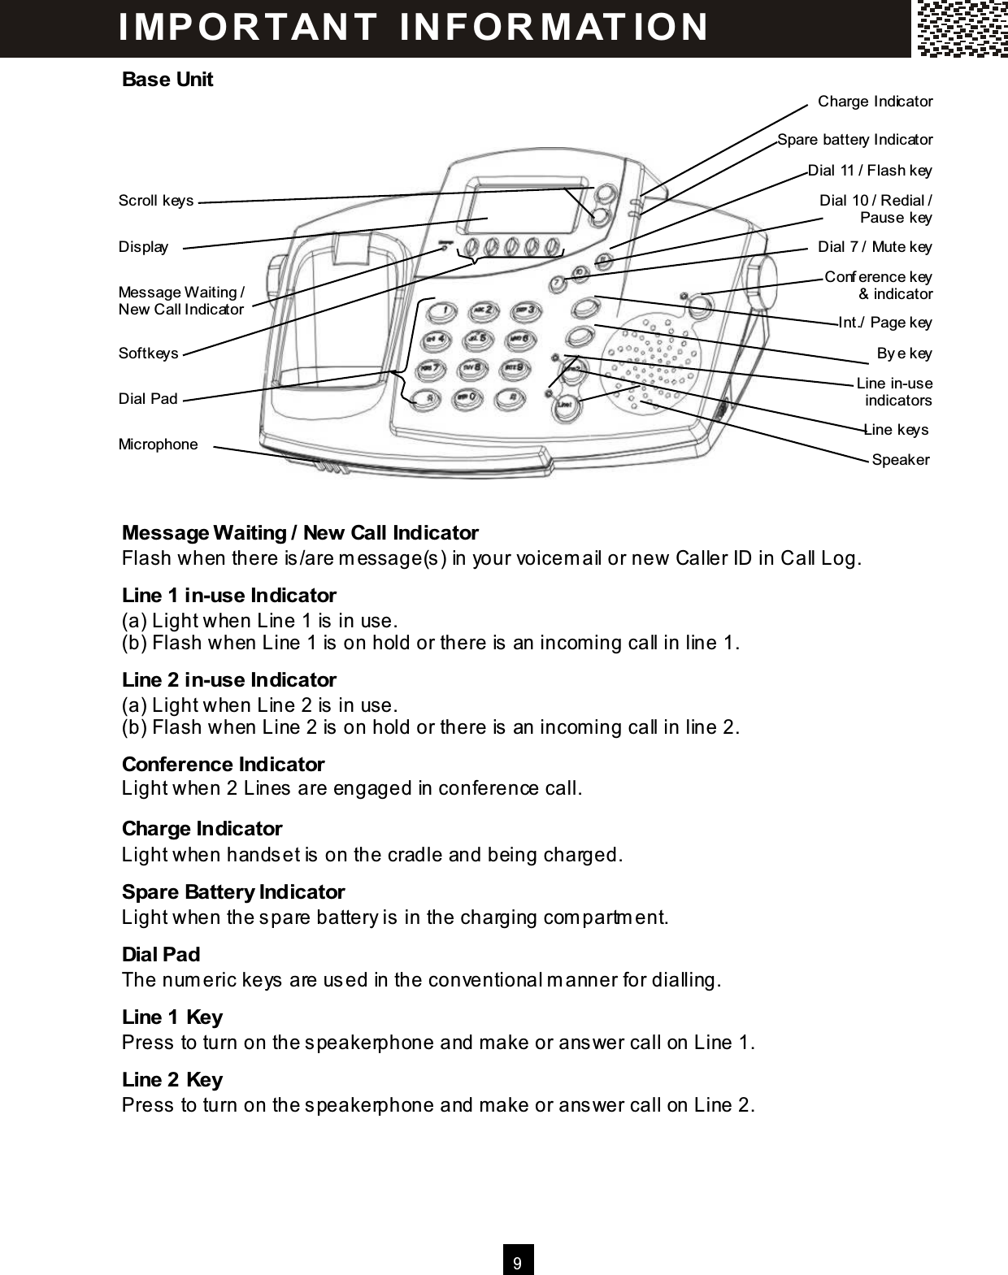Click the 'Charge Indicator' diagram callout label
click(875, 102)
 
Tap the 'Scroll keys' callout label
click(156, 201)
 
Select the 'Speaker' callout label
click(900, 460)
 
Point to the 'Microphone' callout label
click(158, 445)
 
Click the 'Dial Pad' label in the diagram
click(147, 399)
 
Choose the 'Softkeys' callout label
click(148, 353)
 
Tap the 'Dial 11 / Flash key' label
click(870, 171)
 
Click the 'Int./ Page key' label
click(884, 323)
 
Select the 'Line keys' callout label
click(895, 430)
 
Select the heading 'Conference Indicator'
click(223, 765)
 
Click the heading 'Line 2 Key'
click(172, 1080)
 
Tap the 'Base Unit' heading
click(167, 80)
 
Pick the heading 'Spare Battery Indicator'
click(232, 892)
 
